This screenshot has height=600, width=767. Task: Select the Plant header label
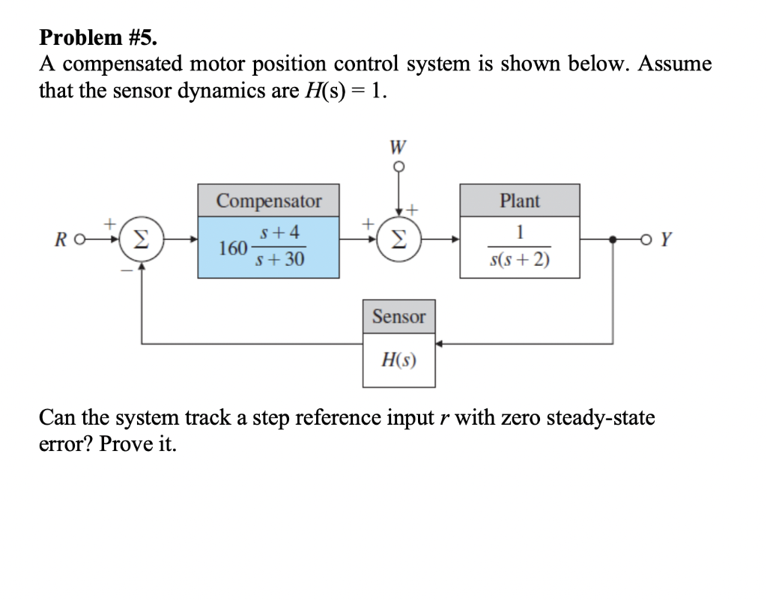click(519, 201)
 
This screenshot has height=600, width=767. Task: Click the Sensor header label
click(398, 317)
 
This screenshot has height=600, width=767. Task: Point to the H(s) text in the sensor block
click(398, 363)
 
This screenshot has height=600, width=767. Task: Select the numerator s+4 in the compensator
click(279, 233)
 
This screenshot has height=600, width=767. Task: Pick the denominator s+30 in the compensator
click(279, 261)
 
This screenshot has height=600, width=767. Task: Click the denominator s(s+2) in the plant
click(518, 261)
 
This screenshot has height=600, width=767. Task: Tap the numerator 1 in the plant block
click(519, 233)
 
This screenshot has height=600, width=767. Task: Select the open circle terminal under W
click(398, 168)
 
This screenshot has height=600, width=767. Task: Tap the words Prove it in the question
click(139, 443)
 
